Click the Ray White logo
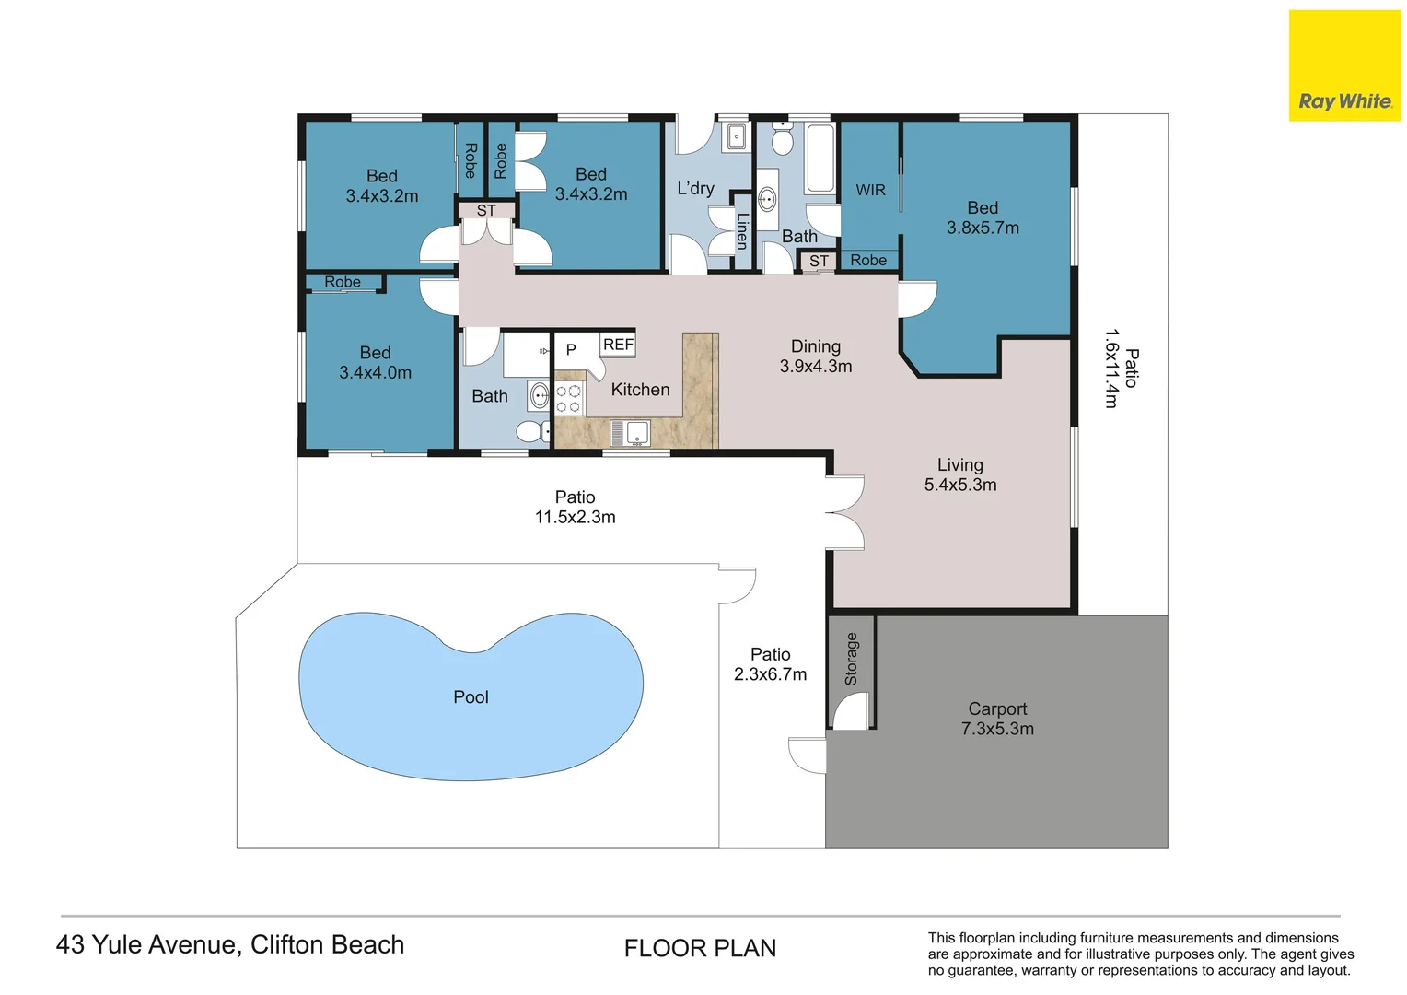(1344, 65)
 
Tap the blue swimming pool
(471, 696)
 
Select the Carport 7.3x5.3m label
(997, 719)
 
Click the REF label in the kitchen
(618, 345)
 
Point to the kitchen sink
(631, 433)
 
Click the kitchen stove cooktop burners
(568, 399)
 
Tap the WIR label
(870, 190)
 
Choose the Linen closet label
(742, 230)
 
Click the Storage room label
(851, 659)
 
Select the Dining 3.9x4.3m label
(815, 356)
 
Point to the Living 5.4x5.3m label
(959, 474)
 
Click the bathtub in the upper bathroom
(820, 158)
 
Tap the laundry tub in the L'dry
(736, 136)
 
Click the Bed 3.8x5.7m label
(983, 217)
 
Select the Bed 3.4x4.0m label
(375, 363)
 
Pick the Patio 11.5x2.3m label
(575, 508)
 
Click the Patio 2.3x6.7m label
(770, 664)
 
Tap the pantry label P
(571, 349)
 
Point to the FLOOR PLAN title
(700, 948)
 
